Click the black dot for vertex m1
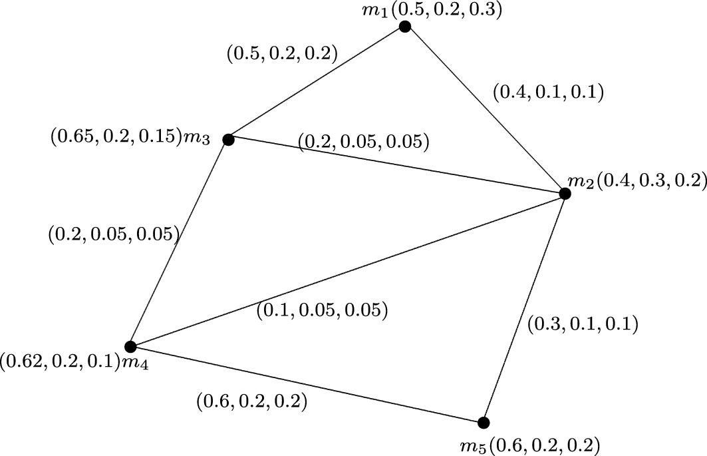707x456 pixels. [404, 27]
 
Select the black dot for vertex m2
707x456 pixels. [565, 194]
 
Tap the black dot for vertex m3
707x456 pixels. [228, 139]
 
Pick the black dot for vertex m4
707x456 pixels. [130, 346]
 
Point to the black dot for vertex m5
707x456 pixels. [484, 423]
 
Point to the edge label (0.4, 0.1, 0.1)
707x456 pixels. [547, 93]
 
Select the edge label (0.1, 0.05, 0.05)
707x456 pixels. [322, 310]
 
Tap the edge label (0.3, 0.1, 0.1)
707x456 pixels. [582, 324]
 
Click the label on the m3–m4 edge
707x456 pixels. [114, 234]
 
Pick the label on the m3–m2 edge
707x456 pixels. [363, 142]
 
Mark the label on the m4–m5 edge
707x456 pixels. [251, 401]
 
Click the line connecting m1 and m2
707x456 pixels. [484, 110]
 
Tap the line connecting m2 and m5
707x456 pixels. [524, 308]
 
